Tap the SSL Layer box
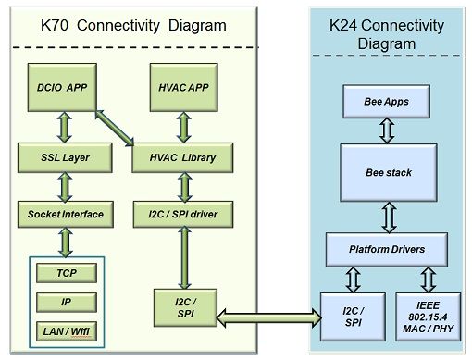(x=64, y=157)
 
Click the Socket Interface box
(x=64, y=214)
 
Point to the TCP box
(x=67, y=274)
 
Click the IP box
(x=67, y=303)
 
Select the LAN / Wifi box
(x=67, y=330)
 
